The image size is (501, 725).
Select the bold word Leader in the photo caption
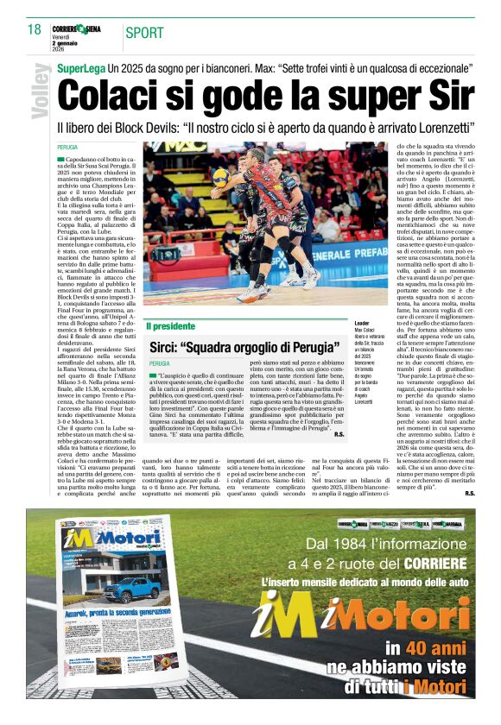tap(342, 323)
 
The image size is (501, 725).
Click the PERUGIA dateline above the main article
tap(67, 149)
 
